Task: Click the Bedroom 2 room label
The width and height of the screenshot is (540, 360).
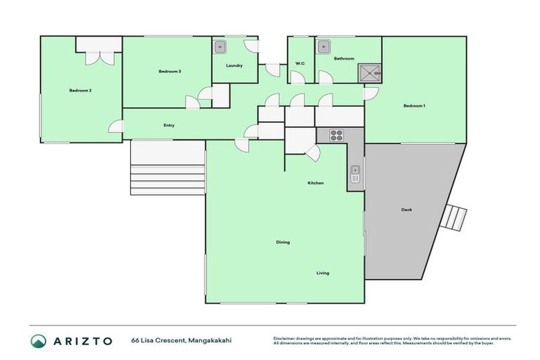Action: (x=80, y=90)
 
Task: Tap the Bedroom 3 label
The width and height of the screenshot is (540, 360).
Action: (x=169, y=71)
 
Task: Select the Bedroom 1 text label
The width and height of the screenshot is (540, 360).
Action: (x=414, y=105)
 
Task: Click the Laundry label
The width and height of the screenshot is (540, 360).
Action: (x=234, y=66)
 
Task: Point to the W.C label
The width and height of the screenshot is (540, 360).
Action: (x=300, y=64)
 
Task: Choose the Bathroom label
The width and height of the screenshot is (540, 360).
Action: (x=344, y=58)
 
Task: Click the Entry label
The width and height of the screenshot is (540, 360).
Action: (x=169, y=125)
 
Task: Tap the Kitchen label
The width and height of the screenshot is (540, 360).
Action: (x=316, y=183)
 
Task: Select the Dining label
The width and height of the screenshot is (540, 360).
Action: (x=283, y=242)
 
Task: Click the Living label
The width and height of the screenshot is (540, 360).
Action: (x=322, y=273)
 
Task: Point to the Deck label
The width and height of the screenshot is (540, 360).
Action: (x=406, y=210)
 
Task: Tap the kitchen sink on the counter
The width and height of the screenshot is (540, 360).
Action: (x=355, y=173)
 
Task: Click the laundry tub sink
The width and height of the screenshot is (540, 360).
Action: (x=220, y=48)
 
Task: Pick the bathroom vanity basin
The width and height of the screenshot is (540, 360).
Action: (x=323, y=48)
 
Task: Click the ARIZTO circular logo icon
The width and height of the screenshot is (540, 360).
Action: (x=39, y=340)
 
